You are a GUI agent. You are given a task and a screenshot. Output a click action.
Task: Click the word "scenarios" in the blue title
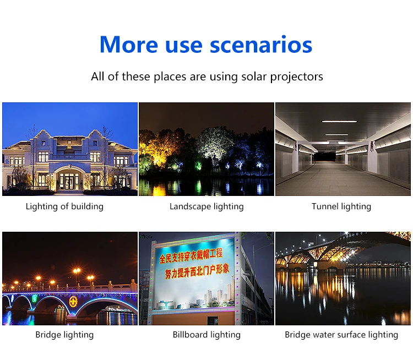pyautogui.click(x=261, y=45)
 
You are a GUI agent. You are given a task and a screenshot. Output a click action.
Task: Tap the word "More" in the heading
pyautogui.click(x=129, y=45)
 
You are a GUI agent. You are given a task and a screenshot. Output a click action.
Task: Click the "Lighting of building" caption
pyautogui.click(x=64, y=206)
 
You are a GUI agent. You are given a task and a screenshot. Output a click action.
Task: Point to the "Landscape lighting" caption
pyautogui.click(x=206, y=206)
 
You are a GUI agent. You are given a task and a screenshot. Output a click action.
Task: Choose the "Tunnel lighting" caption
pyautogui.click(x=341, y=206)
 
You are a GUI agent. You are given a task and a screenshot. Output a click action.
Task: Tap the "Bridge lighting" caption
pyautogui.click(x=64, y=335)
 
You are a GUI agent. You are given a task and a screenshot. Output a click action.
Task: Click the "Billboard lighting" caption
pyautogui.click(x=206, y=335)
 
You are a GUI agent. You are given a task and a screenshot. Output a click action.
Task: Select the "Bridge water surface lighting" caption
pyautogui.click(x=341, y=335)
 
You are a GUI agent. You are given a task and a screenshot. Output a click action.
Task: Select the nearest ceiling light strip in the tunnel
pyautogui.click(x=340, y=122)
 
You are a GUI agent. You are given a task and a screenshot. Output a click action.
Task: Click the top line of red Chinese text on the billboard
pyautogui.click(x=191, y=255)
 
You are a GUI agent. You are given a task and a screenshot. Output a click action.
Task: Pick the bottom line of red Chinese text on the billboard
pyautogui.click(x=197, y=272)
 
